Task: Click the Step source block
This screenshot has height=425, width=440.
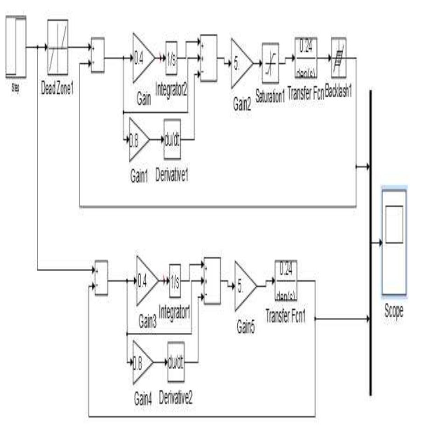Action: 15,45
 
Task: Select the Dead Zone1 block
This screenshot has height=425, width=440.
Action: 58,46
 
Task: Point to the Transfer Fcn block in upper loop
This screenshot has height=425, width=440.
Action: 306,58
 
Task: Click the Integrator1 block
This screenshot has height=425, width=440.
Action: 175,281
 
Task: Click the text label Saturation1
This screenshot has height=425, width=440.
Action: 270,93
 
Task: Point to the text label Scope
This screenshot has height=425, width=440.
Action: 394,311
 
